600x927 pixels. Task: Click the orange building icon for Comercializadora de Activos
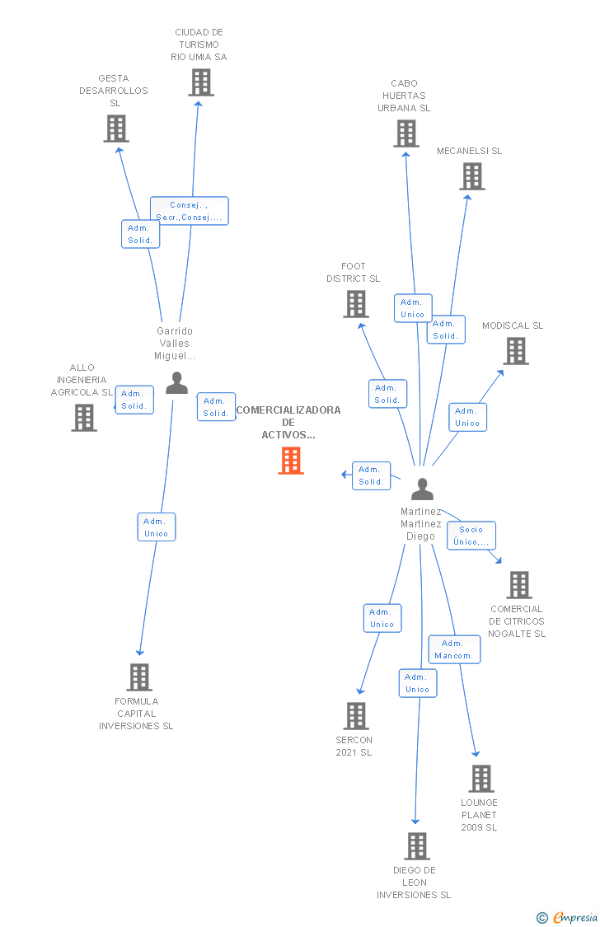click(291, 461)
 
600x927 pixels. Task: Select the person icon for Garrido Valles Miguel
click(176, 382)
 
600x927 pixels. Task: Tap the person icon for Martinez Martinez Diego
click(422, 489)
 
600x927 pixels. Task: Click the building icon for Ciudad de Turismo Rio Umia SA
click(201, 82)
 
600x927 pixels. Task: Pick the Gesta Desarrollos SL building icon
click(116, 129)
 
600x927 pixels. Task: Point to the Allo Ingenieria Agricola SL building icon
click(84, 418)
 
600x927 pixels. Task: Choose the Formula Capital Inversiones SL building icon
click(139, 677)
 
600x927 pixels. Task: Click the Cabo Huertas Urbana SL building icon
click(406, 133)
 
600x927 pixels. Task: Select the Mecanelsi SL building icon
click(472, 176)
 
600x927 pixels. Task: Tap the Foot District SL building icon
click(356, 304)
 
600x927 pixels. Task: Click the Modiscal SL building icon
click(516, 350)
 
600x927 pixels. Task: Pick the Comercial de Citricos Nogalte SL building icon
click(519, 585)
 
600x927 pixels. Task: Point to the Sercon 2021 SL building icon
click(356, 716)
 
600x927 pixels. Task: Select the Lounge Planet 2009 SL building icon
click(481, 779)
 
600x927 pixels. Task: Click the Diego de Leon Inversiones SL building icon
click(417, 846)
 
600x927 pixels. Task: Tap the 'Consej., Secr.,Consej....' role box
click(190, 211)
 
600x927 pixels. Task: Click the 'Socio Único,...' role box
click(471, 536)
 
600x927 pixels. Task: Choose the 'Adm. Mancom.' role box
click(454, 649)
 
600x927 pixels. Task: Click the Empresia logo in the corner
click(568, 918)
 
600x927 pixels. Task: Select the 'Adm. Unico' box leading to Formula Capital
click(156, 527)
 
